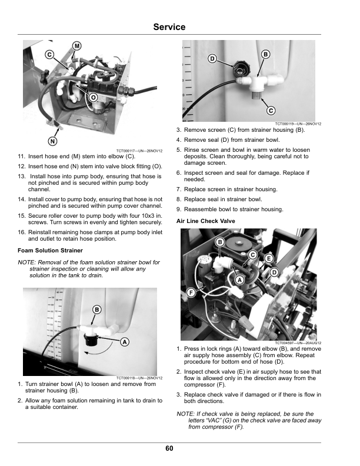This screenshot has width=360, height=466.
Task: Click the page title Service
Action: (x=169, y=27)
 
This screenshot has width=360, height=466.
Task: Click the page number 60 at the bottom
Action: (x=169, y=448)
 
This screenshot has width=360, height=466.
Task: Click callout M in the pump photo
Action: (x=77, y=46)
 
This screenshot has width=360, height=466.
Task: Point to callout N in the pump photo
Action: (x=53, y=141)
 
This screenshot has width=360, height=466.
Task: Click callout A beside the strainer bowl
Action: (x=125, y=342)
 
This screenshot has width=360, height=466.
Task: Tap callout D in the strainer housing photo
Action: (x=212, y=58)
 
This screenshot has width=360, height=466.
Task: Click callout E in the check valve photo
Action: (x=269, y=258)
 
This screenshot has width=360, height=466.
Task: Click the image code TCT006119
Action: (x=288, y=124)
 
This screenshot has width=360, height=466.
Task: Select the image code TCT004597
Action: (x=289, y=343)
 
